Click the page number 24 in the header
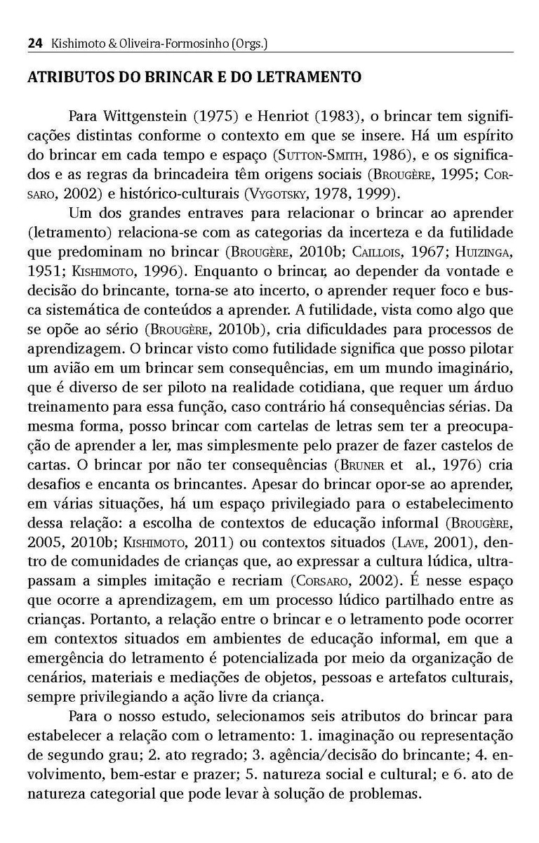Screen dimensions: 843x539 point(34,44)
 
